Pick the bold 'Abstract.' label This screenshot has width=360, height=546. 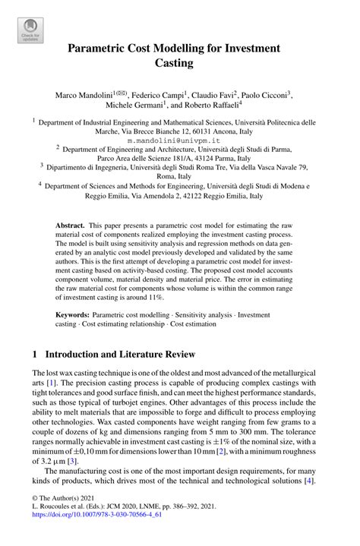pos(72,226)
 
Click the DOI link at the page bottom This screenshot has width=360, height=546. pos(93,535)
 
